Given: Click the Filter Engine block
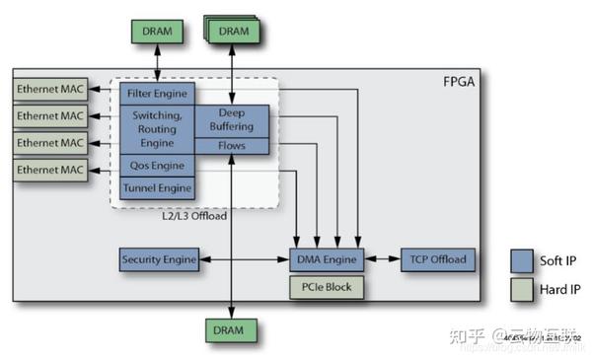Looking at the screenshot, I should click(157, 93).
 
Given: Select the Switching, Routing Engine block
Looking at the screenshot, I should click(157, 128).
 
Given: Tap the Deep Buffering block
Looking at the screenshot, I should click(231, 120).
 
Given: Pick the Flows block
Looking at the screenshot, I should click(231, 147).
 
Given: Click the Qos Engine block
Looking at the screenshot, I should click(157, 166).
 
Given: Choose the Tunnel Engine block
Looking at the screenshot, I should click(157, 187).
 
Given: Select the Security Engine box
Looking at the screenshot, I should click(158, 260).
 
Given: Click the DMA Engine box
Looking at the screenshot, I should click(328, 260).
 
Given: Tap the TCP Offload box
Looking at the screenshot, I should click(437, 260).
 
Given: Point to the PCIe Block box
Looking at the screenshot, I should click(328, 287).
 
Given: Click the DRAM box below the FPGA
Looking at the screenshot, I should click(231, 329).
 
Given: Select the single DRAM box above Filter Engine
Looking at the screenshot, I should click(157, 31).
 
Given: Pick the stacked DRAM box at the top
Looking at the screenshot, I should click(232, 31).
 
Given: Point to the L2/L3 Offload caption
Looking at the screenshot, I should click(194, 216).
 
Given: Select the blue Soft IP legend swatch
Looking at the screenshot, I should click(523, 260).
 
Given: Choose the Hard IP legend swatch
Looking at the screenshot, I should click(523, 291).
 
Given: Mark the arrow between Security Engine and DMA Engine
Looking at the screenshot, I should click(245, 260).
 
